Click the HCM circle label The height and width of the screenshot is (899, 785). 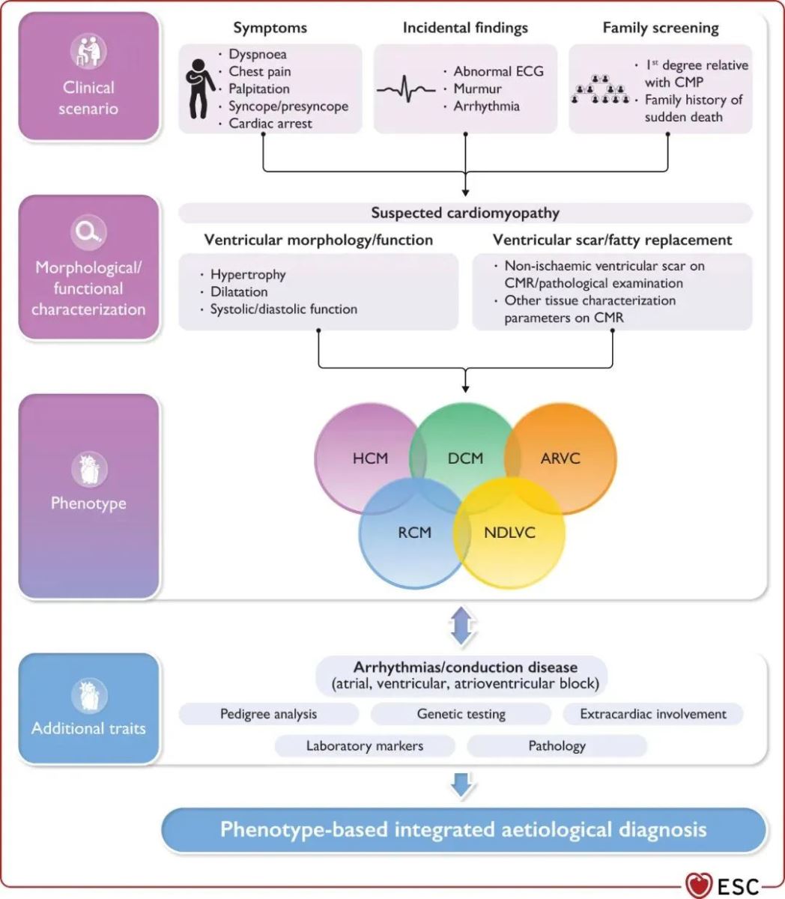click(x=370, y=458)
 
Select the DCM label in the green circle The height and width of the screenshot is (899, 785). click(x=465, y=458)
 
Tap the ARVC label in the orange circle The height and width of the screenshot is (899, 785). click(x=560, y=458)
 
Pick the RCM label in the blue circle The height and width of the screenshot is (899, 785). click(x=414, y=533)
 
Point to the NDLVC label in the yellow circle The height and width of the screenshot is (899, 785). click(x=509, y=533)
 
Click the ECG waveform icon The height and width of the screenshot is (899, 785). click(x=406, y=89)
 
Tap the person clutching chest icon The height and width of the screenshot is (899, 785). click(x=200, y=88)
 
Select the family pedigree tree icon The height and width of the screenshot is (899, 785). click(x=600, y=90)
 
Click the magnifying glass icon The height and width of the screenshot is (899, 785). click(x=88, y=232)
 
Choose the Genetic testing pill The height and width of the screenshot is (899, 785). click(x=461, y=714)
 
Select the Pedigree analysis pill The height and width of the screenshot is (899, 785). click(x=268, y=714)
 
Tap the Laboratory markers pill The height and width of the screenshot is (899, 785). click(x=365, y=745)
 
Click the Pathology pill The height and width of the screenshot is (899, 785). click(x=557, y=745)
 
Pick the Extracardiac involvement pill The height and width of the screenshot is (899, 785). click(x=652, y=714)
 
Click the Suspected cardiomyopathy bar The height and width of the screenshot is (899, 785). click(x=465, y=213)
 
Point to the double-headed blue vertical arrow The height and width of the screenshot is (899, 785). click(x=461, y=626)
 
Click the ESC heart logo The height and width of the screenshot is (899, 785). click(x=699, y=885)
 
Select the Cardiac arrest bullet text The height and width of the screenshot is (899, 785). click(x=270, y=124)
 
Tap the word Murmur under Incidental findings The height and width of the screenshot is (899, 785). click(x=477, y=88)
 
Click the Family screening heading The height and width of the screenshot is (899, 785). click(x=661, y=28)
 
